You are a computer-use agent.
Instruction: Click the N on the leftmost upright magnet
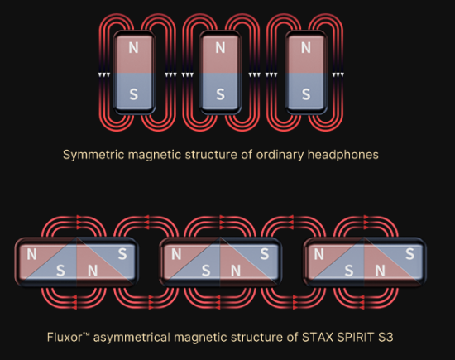coord(133,48)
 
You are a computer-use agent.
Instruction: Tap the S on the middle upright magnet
coord(220,94)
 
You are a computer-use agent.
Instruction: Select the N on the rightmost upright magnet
coord(306,48)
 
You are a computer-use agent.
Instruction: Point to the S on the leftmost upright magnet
coord(133,94)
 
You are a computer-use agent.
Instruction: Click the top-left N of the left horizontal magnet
coord(32,255)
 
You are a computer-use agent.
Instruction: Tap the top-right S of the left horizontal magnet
coord(122,254)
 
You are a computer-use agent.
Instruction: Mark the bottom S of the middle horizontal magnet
coord(206,271)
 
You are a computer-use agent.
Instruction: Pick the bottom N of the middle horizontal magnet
coord(236,271)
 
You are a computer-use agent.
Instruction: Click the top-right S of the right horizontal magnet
coord(409,254)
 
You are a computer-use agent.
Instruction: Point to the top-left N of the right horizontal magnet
coord(318,255)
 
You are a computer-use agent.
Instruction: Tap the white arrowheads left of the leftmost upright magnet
coord(104,75)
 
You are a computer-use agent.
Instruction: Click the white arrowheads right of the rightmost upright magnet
coord(338,75)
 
